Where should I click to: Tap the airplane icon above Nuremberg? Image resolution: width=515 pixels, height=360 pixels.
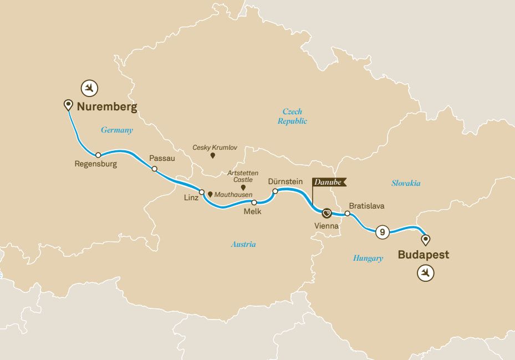tap(89, 87)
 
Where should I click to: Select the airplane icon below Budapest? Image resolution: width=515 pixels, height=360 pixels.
tap(426, 273)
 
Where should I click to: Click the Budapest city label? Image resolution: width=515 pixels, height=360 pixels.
tap(423, 255)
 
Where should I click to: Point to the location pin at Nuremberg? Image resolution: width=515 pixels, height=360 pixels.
tap(68, 104)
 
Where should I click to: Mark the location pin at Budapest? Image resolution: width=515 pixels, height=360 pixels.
tap(425, 240)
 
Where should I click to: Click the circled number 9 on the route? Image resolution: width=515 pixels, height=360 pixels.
tap(381, 232)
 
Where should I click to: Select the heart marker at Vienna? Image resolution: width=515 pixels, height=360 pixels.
tap(327, 212)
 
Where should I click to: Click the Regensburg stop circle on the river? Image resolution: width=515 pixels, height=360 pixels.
tap(98, 155)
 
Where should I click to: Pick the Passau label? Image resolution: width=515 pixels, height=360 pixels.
tap(162, 158)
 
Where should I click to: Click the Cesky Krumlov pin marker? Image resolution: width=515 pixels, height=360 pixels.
tap(213, 156)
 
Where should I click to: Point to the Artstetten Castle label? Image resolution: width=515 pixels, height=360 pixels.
tap(243, 176)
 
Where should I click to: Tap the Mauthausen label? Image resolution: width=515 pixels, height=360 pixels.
tap(233, 195)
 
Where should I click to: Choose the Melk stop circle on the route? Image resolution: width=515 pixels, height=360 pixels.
tap(254, 202)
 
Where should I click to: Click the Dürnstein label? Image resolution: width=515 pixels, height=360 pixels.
tap(285, 181)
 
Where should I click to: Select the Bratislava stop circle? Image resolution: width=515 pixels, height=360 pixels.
tap(348, 213)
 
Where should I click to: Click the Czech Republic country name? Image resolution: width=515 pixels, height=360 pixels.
tap(292, 116)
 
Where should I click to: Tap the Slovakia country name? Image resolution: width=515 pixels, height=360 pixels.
tap(406, 183)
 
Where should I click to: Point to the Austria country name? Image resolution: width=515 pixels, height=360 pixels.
tap(243, 244)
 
